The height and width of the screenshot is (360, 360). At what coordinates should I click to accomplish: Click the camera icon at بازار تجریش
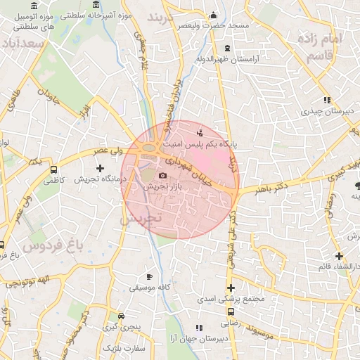tap(163, 175)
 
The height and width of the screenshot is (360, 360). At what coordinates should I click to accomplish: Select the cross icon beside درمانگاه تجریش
tap(100, 168)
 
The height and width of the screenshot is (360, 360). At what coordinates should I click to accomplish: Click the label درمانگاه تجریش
tap(100, 180)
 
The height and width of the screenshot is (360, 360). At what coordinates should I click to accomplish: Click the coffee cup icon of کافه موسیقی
tap(149, 276)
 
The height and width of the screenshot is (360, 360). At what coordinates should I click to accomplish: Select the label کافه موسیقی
tap(149, 288)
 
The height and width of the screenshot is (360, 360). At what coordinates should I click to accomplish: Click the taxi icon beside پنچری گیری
tap(122, 316)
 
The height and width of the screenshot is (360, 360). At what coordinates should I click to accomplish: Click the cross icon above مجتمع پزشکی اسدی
tap(231, 288)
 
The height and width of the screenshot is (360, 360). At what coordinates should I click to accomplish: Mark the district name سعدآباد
tap(24, 44)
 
